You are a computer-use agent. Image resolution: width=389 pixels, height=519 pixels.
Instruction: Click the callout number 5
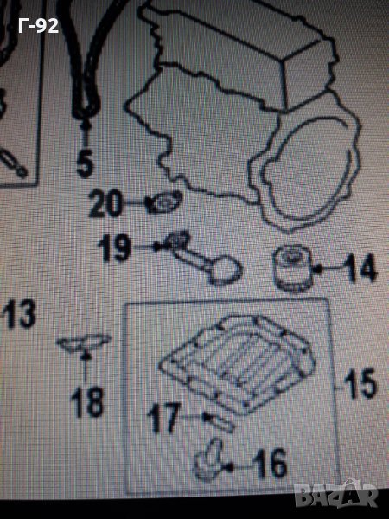[85, 163]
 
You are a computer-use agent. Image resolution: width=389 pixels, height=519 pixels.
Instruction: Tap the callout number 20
[105, 204]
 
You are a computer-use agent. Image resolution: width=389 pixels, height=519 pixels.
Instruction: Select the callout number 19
[113, 247]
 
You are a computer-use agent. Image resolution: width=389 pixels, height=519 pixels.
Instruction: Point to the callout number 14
[360, 267]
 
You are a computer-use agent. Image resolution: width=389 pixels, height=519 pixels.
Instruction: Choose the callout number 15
[360, 383]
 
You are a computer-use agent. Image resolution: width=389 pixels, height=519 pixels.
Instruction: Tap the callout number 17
[164, 418]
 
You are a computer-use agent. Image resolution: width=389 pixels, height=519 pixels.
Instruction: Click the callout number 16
[270, 463]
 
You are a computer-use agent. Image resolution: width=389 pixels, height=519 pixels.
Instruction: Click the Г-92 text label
[38, 26]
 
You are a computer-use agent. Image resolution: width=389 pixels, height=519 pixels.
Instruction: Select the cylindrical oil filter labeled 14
[291, 268]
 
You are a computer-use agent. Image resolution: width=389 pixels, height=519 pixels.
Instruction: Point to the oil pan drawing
[237, 363]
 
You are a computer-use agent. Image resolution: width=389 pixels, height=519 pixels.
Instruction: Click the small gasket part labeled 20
[164, 202]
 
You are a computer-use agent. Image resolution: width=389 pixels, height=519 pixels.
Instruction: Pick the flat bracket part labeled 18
[84, 343]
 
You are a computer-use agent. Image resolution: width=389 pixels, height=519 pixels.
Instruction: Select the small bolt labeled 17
[219, 422]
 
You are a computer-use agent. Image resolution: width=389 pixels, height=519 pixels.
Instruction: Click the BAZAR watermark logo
[336, 495]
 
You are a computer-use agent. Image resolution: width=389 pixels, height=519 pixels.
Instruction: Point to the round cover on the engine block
[312, 172]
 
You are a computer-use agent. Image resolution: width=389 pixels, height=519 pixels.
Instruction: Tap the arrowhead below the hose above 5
[86, 125]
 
